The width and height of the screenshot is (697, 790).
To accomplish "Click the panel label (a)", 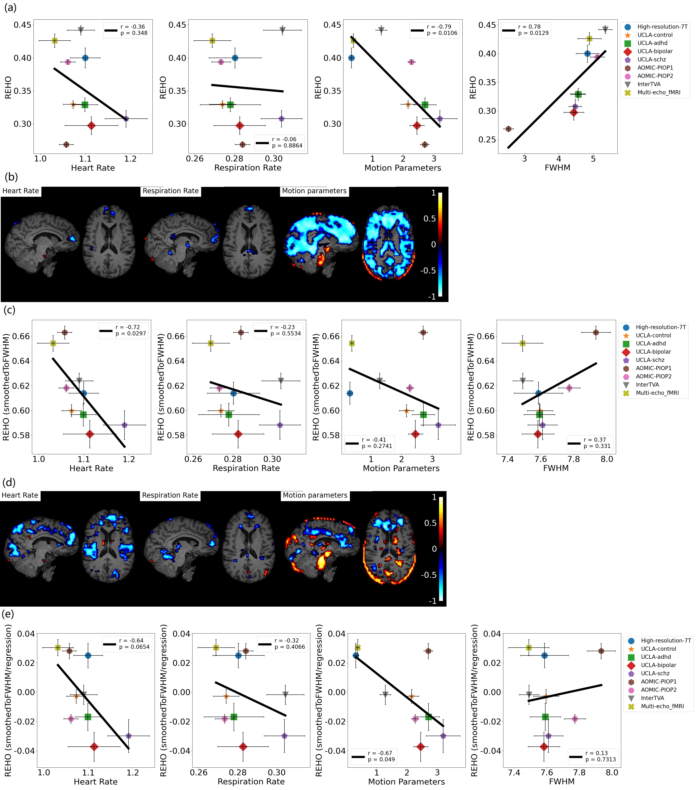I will pos(10,8).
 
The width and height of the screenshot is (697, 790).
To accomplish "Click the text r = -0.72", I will pos(127,327).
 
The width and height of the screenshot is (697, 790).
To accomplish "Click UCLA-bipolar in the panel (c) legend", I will pos(653,352).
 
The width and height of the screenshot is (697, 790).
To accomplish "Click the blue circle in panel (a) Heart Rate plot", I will pos(85,58).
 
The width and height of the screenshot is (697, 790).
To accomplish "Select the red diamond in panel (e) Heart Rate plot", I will pos(94,747).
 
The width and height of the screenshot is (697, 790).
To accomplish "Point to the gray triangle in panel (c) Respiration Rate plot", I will pos(281,381).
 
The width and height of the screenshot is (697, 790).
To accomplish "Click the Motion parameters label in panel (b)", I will pos(314,191).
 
